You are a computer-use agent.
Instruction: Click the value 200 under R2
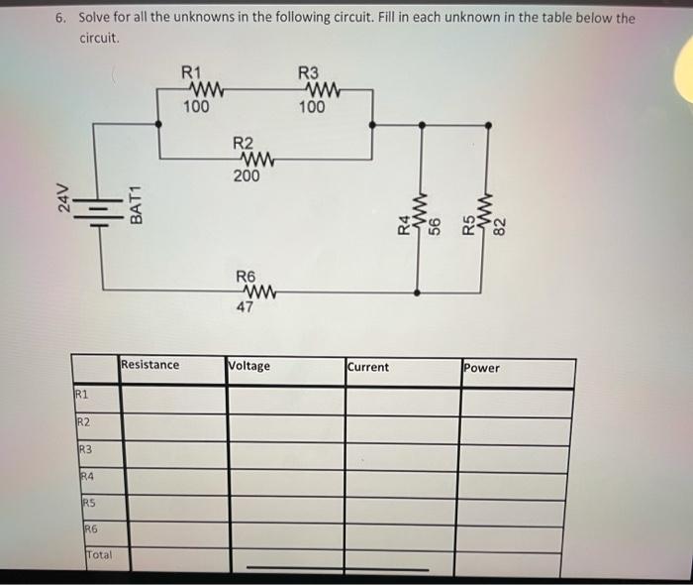pyautogui.click(x=247, y=175)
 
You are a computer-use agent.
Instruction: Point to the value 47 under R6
pyautogui.click(x=246, y=307)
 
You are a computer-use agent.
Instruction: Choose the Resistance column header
pyautogui.click(x=150, y=365)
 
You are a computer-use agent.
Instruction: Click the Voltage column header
pyautogui.click(x=249, y=366)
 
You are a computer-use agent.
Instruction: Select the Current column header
pyautogui.click(x=368, y=367)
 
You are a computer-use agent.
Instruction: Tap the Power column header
pyautogui.click(x=482, y=368)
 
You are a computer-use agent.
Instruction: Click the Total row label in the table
pyautogui.click(x=99, y=555)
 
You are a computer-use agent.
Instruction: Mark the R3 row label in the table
pyautogui.click(x=88, y=451)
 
